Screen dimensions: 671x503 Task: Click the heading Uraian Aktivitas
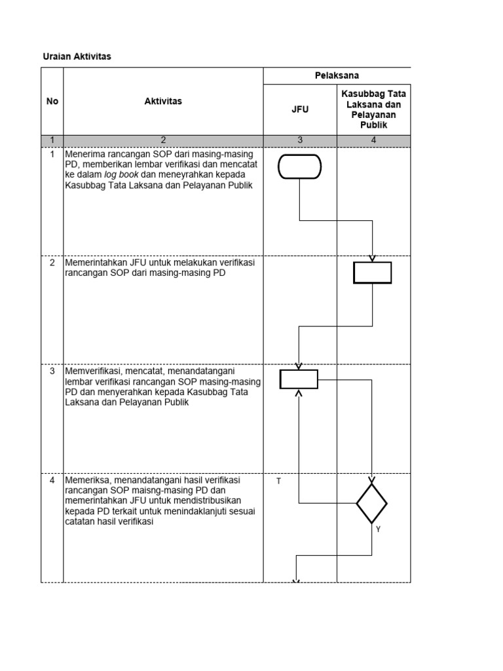[x=77, y=56]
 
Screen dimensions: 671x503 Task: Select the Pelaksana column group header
[x=337, y=75]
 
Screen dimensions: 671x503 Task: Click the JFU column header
[x=300, y=109]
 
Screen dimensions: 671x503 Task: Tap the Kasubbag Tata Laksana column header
[x=374, y=109]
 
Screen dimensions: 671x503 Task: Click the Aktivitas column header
[x=163, y=101]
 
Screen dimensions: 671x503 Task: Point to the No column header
[x=52, y=101]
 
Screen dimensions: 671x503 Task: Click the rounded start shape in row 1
[x=299, y=166]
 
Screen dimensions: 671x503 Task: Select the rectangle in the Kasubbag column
[x=373, y=273]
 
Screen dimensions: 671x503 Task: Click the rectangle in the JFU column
[x=299, y=379]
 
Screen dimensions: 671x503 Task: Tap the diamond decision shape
[x=371, y=503]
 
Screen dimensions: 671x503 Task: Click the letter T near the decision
[x=278, y=482]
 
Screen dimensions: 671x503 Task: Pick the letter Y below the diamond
[x=378, y=529]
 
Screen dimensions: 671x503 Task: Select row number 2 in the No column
[x=52, y=262]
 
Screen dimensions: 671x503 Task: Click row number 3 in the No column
[x=52, y=371]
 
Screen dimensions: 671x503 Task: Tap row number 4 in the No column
[x=52, y=480]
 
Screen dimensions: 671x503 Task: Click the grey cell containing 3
[x=300, y=140]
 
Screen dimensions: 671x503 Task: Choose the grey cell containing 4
[x=374, y=140]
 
